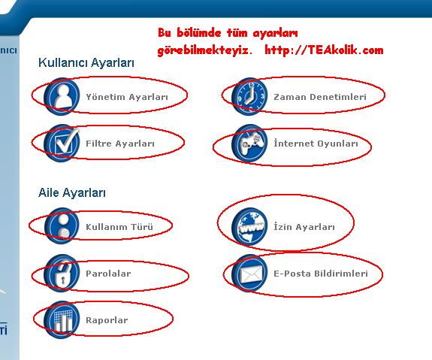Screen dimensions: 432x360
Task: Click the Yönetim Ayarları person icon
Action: [62, 96]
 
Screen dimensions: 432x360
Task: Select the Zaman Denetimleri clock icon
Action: [249, 96]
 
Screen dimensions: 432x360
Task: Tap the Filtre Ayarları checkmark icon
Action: [62, 143]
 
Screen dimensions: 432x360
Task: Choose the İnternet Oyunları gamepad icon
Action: [249, 143]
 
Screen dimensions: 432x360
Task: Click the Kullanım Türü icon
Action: [62, 226]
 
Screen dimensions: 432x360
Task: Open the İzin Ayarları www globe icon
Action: [249, 226]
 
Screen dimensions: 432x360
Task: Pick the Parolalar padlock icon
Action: [62, 273]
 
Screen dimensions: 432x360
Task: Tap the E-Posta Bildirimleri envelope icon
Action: [249, 273]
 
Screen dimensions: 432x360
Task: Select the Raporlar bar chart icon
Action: [62, 319]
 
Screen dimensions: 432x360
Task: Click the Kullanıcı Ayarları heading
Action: [86, 63]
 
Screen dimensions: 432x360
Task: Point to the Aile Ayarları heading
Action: [72, 192]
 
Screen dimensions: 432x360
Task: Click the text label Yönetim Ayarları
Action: [127, 97]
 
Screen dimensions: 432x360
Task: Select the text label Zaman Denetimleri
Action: [320, 97]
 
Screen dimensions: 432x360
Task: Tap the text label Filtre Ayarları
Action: [120, 144]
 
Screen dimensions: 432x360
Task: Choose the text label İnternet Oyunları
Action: [316, 144]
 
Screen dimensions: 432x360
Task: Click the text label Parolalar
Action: [108, 274]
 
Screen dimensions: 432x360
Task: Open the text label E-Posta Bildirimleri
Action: [321, 274]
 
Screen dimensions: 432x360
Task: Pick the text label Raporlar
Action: [107, 320]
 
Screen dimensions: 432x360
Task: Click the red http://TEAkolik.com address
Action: [324, 50]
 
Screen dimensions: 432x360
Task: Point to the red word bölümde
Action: [198, 33]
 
